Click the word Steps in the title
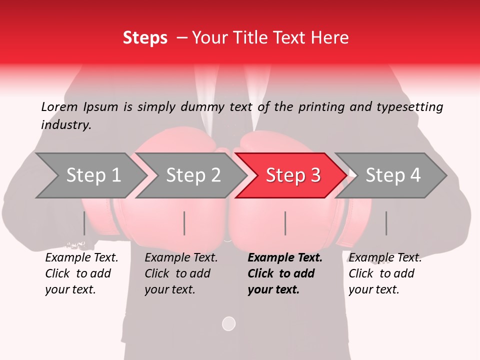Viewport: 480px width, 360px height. coord(145,38)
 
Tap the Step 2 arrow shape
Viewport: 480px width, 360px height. coord(192,175)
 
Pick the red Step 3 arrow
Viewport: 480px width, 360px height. coord(292,175)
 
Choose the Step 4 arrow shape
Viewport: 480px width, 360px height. coord(392,175)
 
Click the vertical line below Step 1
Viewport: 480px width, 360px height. coord(84,223)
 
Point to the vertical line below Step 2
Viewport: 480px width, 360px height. coord(184,223)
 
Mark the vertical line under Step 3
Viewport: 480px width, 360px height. coord(285,223)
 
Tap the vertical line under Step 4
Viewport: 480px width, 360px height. coord(386,223)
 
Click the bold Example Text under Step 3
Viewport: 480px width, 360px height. coord(284,258)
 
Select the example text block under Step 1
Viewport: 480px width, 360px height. coord(81,273)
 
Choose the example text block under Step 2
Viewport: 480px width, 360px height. coord(180,273)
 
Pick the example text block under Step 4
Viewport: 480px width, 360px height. coord(384,273)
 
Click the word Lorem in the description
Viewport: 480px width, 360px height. coord(59,106)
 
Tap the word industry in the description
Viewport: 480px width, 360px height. coord(66,124)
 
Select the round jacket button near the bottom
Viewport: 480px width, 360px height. coord(228,323)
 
